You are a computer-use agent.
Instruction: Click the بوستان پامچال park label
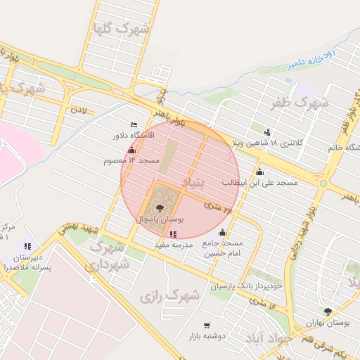pyautogui.click(x=155, y=219)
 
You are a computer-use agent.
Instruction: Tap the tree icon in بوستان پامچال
pyautogui.click(x=160, y=208)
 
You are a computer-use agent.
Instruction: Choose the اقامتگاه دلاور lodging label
pyautogui.click(x=138, y=134)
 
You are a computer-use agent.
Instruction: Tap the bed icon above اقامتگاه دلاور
pyautogui.click(x=134, y=124)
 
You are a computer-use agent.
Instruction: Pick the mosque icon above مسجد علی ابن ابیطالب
pyautogui.click(x=259, y=172)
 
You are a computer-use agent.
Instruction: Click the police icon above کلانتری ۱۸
pyautogui.click(x=267, y=131)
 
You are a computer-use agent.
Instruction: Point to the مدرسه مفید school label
pyautogui.click(x=173, y=244)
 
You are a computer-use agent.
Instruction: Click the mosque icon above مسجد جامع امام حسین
pyautogui.click(x=223, y=233)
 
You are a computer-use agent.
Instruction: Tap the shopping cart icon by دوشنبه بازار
pyautogui.click(x=206, y=325)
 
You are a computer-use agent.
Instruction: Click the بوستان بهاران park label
pyautogui.click(x=328, y=322)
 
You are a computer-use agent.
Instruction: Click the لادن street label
pyautogui.click(x=78, y=111)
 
